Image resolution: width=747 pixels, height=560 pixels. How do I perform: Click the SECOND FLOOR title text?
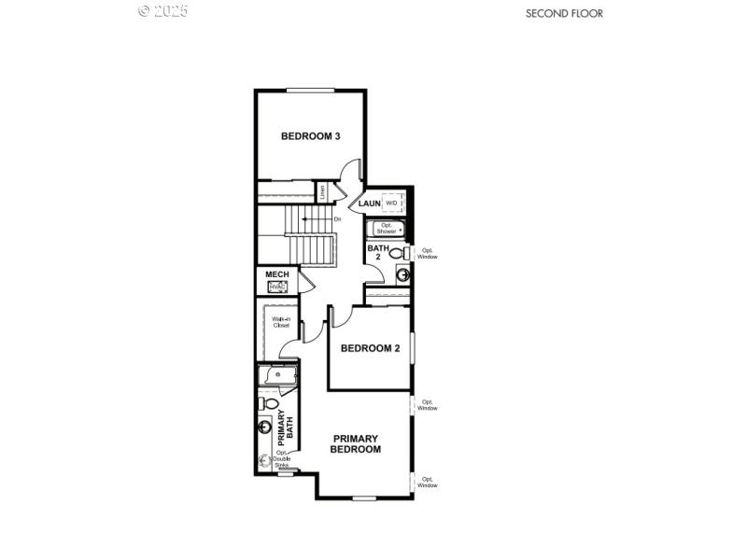click(x=564, y=13)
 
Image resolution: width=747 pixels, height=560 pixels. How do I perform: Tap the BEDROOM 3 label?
click(x=310, y=136)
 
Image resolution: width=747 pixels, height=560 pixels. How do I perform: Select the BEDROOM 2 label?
click(x=370, y=348)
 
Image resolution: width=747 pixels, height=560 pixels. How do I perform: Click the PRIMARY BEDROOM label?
click(x=355, y=443)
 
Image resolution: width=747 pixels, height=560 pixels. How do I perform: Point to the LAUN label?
click(x=369, y=203)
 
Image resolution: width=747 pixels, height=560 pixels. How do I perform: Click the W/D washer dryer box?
click(x=392, y=203)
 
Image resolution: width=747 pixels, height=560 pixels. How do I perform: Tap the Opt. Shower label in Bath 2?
click(x=387, y=229)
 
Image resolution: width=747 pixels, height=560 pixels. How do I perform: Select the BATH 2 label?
click(x=377, y=253)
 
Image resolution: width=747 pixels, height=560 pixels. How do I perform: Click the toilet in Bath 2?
click(x=398, y=253)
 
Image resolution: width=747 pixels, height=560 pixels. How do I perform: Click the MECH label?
click(x=277, y=274)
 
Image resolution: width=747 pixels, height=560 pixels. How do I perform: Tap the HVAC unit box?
click(x=278, y=287)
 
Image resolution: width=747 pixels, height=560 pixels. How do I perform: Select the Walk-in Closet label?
click(x=281, y=323)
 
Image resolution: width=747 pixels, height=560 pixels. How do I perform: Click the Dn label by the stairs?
click(x=337, y=218)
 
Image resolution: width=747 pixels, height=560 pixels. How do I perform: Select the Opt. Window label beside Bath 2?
click(x=428, y=253)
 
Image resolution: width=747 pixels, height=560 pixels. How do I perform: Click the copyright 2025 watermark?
click(x=162, y=11)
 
